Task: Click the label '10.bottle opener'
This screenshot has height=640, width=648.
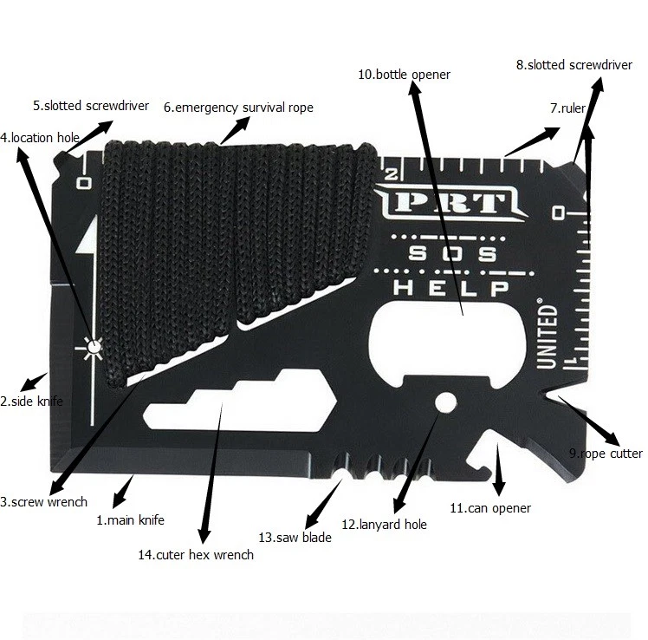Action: (x=404, y=75)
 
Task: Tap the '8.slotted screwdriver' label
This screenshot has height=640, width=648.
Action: (x=574, y=65)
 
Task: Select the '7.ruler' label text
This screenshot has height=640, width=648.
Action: (x=567, y=108)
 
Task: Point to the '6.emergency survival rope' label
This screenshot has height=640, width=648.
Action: (x=238, y=108)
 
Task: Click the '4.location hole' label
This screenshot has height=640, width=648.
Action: (x=40, y=137)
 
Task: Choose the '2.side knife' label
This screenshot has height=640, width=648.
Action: (x=31, y=402)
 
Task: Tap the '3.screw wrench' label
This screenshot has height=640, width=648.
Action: (x=44, y=502)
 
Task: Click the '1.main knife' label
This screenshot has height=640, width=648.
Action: (x=130, y=519)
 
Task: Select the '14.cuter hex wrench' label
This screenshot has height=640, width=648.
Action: (x=196, y=555)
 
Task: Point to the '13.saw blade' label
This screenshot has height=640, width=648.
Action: (x=295, y=538)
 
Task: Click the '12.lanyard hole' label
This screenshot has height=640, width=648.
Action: (x=384, y=525)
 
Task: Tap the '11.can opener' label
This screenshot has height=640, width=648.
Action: (x=490, y=508)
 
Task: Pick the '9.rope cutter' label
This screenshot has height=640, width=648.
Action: (x=606, y=454)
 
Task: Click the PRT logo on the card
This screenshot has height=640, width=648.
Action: (x=450, y=203)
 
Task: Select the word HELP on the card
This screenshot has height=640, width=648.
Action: (x=450, y=288)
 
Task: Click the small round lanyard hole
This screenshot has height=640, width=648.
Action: (x=446, y=402)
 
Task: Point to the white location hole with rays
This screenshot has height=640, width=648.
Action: (x=94, y=347)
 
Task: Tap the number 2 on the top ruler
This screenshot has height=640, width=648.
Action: (x=391, y=174)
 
